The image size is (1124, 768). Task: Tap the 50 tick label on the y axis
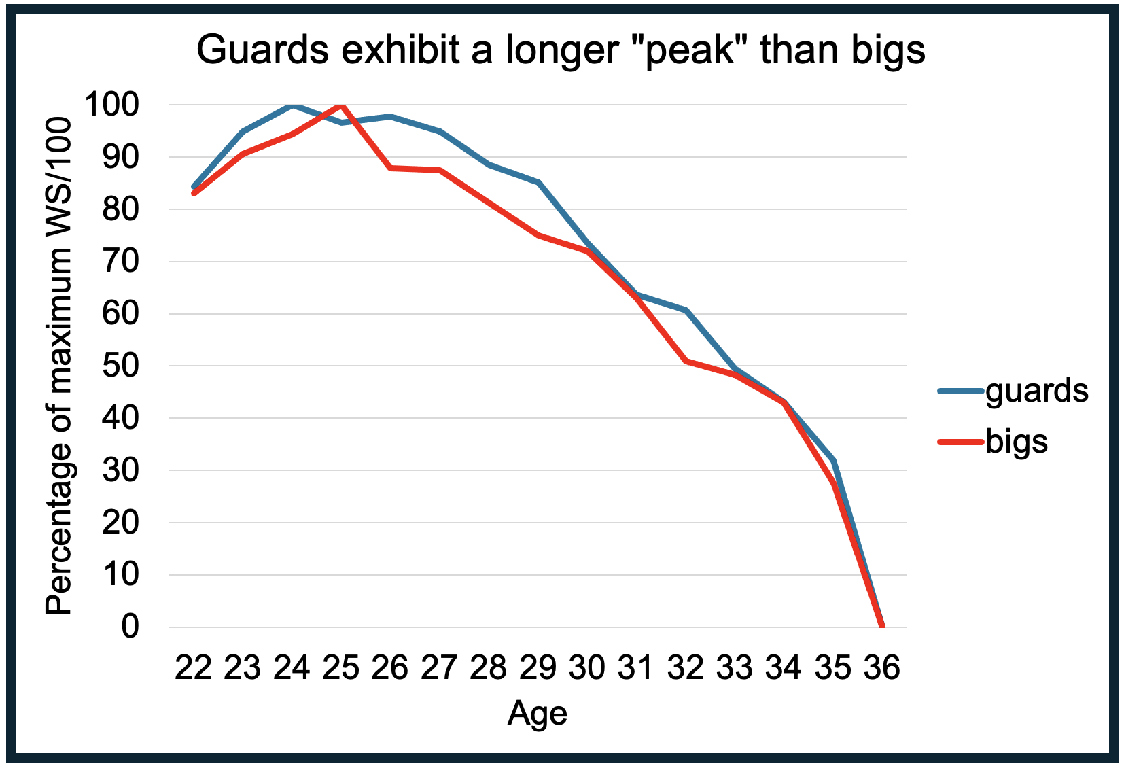(x=130, y=366)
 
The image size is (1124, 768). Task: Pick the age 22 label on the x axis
(x=194, y=667)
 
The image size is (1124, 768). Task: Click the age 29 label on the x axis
(x=538, y=667)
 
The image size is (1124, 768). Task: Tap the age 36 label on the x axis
(x=882, y=667)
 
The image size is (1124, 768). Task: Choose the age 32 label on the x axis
(x=685, y=667)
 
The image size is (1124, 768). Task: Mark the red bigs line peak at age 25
(x=341, y=105)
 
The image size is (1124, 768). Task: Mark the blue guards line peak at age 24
(x=292, y=105)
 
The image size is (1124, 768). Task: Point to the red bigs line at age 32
(x=686, y=361)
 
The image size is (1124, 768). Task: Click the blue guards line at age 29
(x=538, y=182)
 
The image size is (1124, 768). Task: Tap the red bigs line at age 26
(x=391, y=168)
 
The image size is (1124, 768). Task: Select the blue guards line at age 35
(x=833, y=461)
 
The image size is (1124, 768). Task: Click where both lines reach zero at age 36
(x=882, y=626)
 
